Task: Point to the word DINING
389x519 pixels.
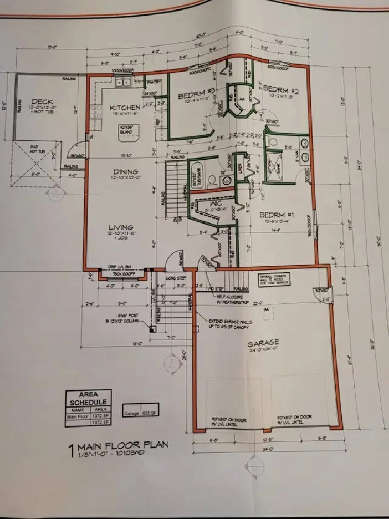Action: (124, 171)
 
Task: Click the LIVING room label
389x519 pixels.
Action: (121, 228)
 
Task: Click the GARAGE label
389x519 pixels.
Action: (263, 343)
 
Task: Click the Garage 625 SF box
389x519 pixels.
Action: (141, 412)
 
